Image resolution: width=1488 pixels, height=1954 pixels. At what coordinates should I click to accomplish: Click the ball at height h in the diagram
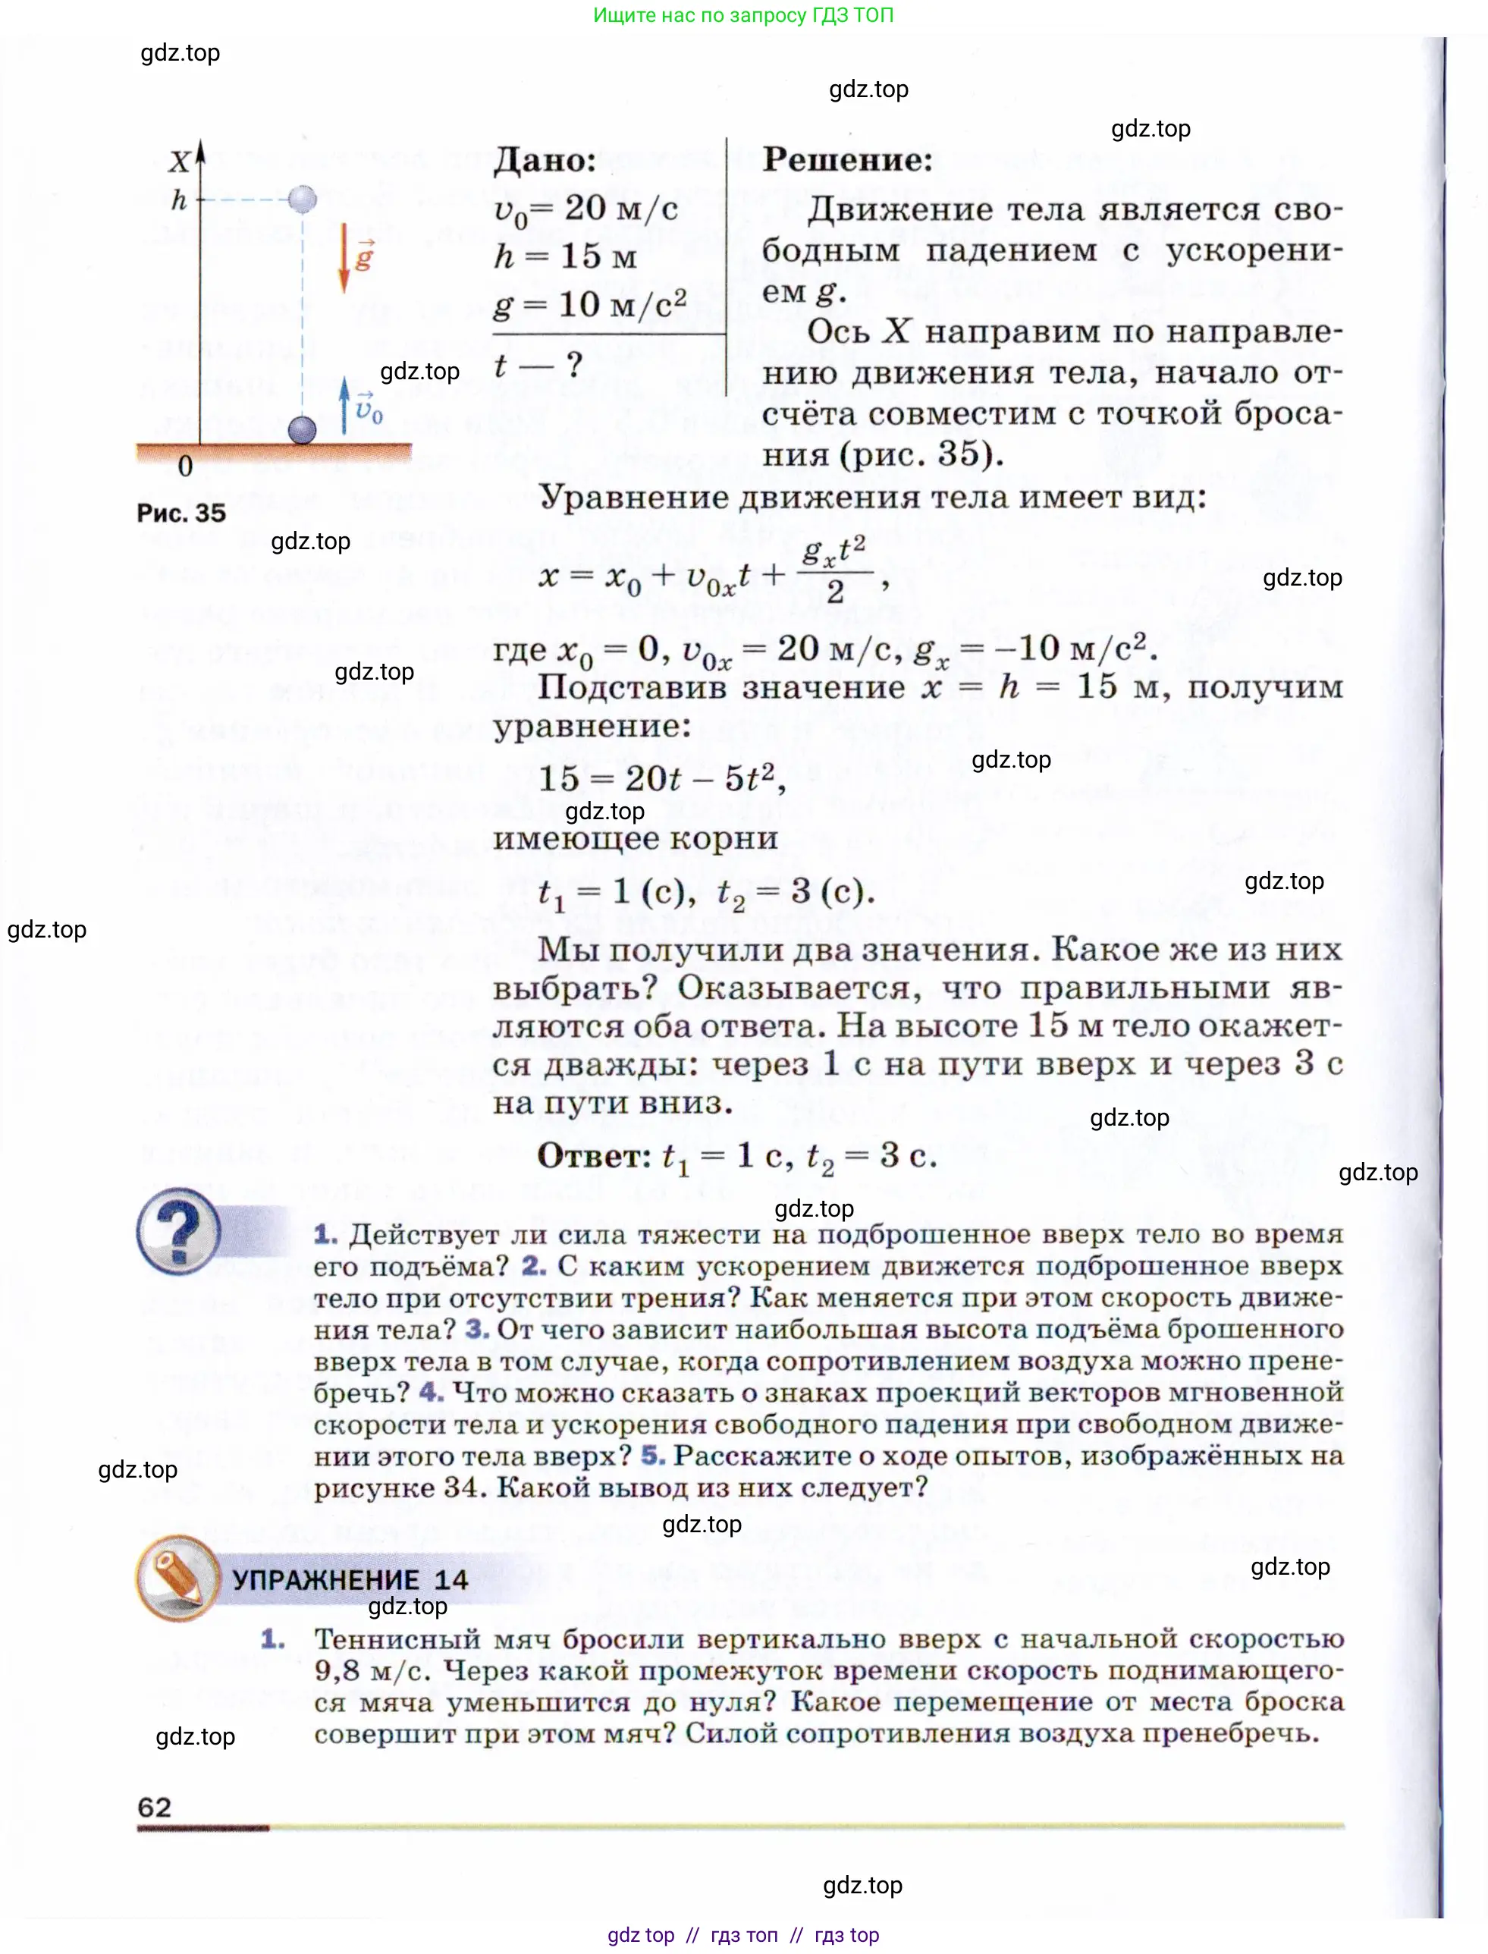click(x=303, y=199)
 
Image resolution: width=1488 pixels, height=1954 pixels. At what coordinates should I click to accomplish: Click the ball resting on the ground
click(x=303, y=429)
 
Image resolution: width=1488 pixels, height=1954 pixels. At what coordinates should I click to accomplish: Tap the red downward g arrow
click(x=344, y=259)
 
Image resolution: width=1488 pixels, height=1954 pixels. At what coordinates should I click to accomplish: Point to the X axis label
click(x=179, y=162)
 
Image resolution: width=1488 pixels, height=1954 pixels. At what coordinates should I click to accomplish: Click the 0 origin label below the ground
click(x=185, y=467)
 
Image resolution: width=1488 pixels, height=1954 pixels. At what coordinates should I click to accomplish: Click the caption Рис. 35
click(x=181, y=513)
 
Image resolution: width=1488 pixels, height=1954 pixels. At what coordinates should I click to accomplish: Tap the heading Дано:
click(x=545, y=160)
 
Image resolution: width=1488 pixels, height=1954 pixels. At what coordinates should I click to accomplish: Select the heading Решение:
click(x=848, y=159)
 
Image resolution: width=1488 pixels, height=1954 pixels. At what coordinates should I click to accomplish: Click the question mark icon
click(x=179, y=1230)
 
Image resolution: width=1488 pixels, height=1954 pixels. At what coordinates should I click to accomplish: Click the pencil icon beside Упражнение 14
click(x=178, y=1578)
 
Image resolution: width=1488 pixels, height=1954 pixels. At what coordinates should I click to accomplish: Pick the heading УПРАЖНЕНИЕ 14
click(x=350, y=1579)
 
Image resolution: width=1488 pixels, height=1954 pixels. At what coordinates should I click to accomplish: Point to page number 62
click(x=154, y=1806)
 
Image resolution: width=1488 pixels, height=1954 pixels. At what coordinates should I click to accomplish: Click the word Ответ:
click(x=595, y=1156)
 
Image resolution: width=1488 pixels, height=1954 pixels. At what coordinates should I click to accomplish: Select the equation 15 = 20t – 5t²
click(x=661, y=778)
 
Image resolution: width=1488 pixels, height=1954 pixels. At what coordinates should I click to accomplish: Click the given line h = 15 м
click(x=566, y=257)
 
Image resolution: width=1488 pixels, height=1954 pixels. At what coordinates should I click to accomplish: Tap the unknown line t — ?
click(x=538, y=365)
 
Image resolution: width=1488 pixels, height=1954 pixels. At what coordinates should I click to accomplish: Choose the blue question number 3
click(x=477, y=1329)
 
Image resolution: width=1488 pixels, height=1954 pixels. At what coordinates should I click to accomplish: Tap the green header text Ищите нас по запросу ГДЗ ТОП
click(x=743, y=15)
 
